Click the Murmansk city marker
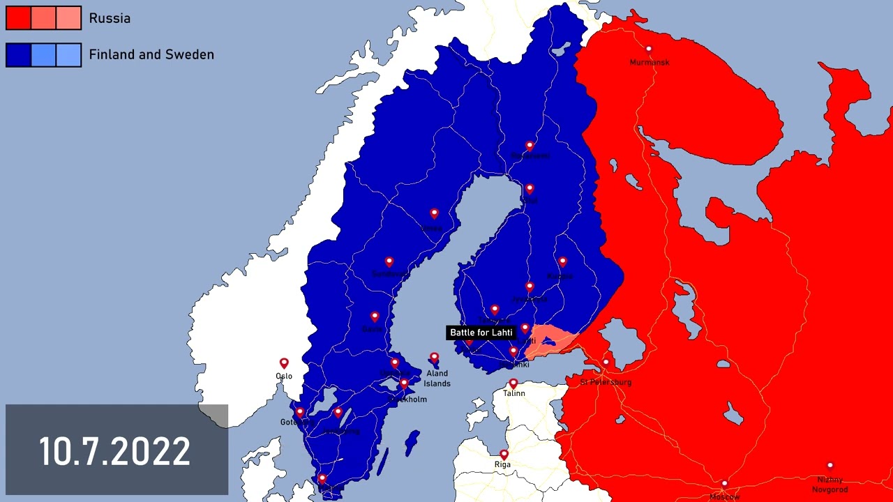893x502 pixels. coord(648,49)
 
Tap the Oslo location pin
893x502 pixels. coord(284,363)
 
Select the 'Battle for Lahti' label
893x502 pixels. coord(481,333)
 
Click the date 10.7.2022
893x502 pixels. coord(114,451)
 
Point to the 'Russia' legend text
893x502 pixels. coord(110,19)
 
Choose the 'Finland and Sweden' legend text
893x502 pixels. coord(151,54)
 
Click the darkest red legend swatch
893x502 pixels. coord(18,19)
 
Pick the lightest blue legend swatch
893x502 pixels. coord(68,55)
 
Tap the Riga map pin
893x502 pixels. coord(504,455)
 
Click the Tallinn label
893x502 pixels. coord(514,394)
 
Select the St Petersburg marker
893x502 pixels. coord(606,363)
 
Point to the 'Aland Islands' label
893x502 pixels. coord(437,379)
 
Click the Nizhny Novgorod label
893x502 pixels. coord(830,485)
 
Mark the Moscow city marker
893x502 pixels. coord(724,484)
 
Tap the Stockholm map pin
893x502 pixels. coord(404,383)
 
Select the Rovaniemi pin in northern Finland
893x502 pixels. coord(530,146)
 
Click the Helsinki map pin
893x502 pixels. coord(513,351)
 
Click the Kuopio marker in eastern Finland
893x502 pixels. coord(562,261)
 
